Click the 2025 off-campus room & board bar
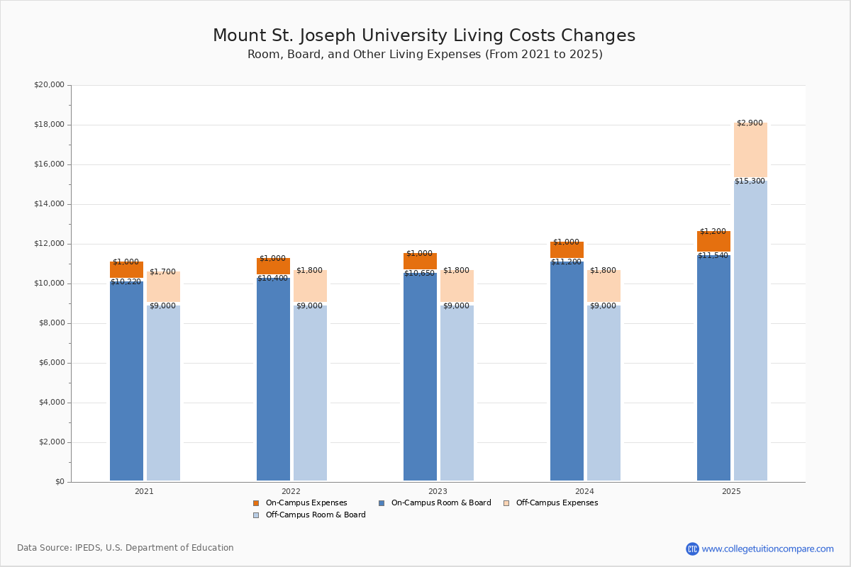pos(750,330)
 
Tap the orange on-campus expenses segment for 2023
pos(420,262)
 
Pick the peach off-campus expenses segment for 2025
pos(750,150)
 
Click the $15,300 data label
pos(750,181)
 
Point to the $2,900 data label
pos(750,123)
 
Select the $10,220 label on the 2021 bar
pos(126,282)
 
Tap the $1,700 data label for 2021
pos(162,272)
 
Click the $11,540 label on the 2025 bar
pos(713,256)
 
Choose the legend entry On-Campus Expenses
pos(306,503)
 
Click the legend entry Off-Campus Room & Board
pos(315,515)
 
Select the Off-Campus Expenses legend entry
pos(556,503)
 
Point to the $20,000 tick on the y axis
pos(49,85)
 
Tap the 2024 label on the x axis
pos(584,491)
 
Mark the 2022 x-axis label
pos(291,491)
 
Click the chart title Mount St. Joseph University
pos(424,36)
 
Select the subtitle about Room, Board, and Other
pos(424,55)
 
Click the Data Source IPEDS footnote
pos(126,548)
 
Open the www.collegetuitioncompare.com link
pos(767,549)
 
